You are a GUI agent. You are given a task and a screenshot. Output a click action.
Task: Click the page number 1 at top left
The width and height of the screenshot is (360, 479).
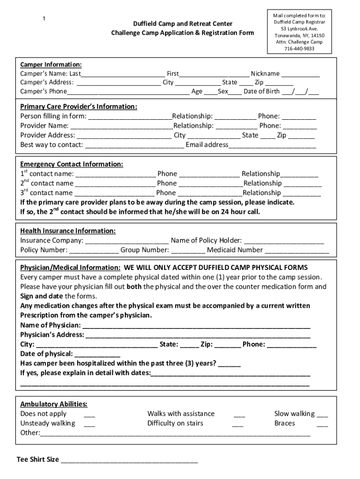(43, 19)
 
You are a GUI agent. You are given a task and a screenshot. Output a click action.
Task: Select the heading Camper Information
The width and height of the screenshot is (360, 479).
(51, 65)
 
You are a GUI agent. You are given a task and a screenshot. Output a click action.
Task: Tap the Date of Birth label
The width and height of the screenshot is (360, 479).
(262, 92)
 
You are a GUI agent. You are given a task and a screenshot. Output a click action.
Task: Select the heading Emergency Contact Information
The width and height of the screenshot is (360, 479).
(72, 164)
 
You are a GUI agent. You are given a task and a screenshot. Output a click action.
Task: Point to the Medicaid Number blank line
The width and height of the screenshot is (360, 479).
(297, 251)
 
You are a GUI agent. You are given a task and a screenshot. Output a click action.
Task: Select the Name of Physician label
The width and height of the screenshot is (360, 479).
(50, 325)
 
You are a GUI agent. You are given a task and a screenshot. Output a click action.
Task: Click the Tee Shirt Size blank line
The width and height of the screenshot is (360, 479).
(130, 460)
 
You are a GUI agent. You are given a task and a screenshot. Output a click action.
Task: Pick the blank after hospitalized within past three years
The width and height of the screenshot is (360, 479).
(229, 364)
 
